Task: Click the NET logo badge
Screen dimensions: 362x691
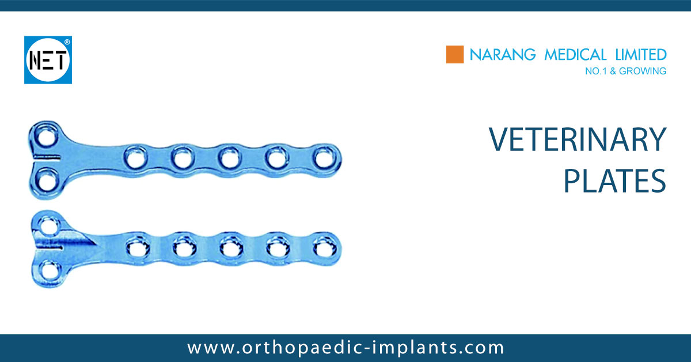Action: pyautogui.click(x=48, y=60)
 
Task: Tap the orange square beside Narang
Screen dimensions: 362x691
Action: pyautogui.click(x=455, y=55)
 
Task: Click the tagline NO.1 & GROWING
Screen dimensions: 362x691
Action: pyautogui.click(x=625, y=71)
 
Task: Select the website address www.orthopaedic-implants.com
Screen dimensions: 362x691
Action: pyautogui.click(x=345, y=348)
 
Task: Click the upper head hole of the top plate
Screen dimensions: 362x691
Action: pyautogui.click(x=43, y=138)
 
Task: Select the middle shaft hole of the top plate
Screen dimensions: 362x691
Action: pyautogui.click(x=229, y=156)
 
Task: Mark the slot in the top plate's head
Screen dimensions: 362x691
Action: pyautogui.click(x=45, y=157)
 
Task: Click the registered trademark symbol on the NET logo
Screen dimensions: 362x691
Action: pyautogui.click(x=67, y=42)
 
